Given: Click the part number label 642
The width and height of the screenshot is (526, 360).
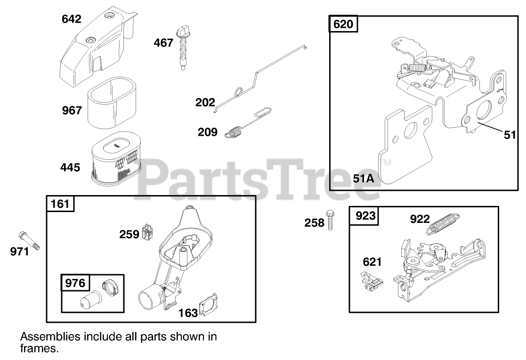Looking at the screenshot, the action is [x=72, y=19].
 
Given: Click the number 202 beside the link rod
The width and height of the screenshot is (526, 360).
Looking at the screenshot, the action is [x=205, y=102].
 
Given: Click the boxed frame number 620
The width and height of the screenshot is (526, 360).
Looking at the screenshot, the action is [x=343, y=24].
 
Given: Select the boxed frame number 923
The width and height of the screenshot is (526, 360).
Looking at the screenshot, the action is [x=365, y=216].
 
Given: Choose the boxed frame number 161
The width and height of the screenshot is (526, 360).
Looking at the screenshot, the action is [x=60, y=204].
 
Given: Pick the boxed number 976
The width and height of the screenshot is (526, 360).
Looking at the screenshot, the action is [x=75, y=283].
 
